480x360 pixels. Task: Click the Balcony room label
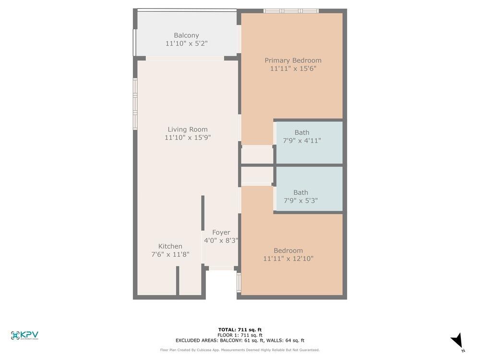(x=186, y=36)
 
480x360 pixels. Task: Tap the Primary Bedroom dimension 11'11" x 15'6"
(x=293, y=69)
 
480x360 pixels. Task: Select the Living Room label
(x=188, y=129)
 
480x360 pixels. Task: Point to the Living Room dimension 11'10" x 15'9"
(x=188, y=138)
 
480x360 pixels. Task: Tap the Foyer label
(x=221, y=232)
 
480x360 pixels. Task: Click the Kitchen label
(x=170, y=246)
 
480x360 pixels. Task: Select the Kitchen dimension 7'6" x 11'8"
(x=170, y=254)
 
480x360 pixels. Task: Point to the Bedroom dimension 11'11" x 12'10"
(x=288, y=259)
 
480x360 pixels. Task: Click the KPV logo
(x=24, y=336)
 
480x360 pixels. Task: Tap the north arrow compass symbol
(x=457, y=341)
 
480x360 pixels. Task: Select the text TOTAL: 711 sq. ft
(x=240, y=330)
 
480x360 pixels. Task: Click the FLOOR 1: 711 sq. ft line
(x=240, y=335)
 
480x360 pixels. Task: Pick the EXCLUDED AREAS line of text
(x=240, y=340)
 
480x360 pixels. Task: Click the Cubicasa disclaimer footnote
(x=240, y=350)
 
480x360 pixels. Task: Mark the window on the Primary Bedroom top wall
(x=291, y=11)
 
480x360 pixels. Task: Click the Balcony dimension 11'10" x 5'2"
(x=186, y=44)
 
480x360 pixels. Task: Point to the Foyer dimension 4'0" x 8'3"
(x=221, y=240)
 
